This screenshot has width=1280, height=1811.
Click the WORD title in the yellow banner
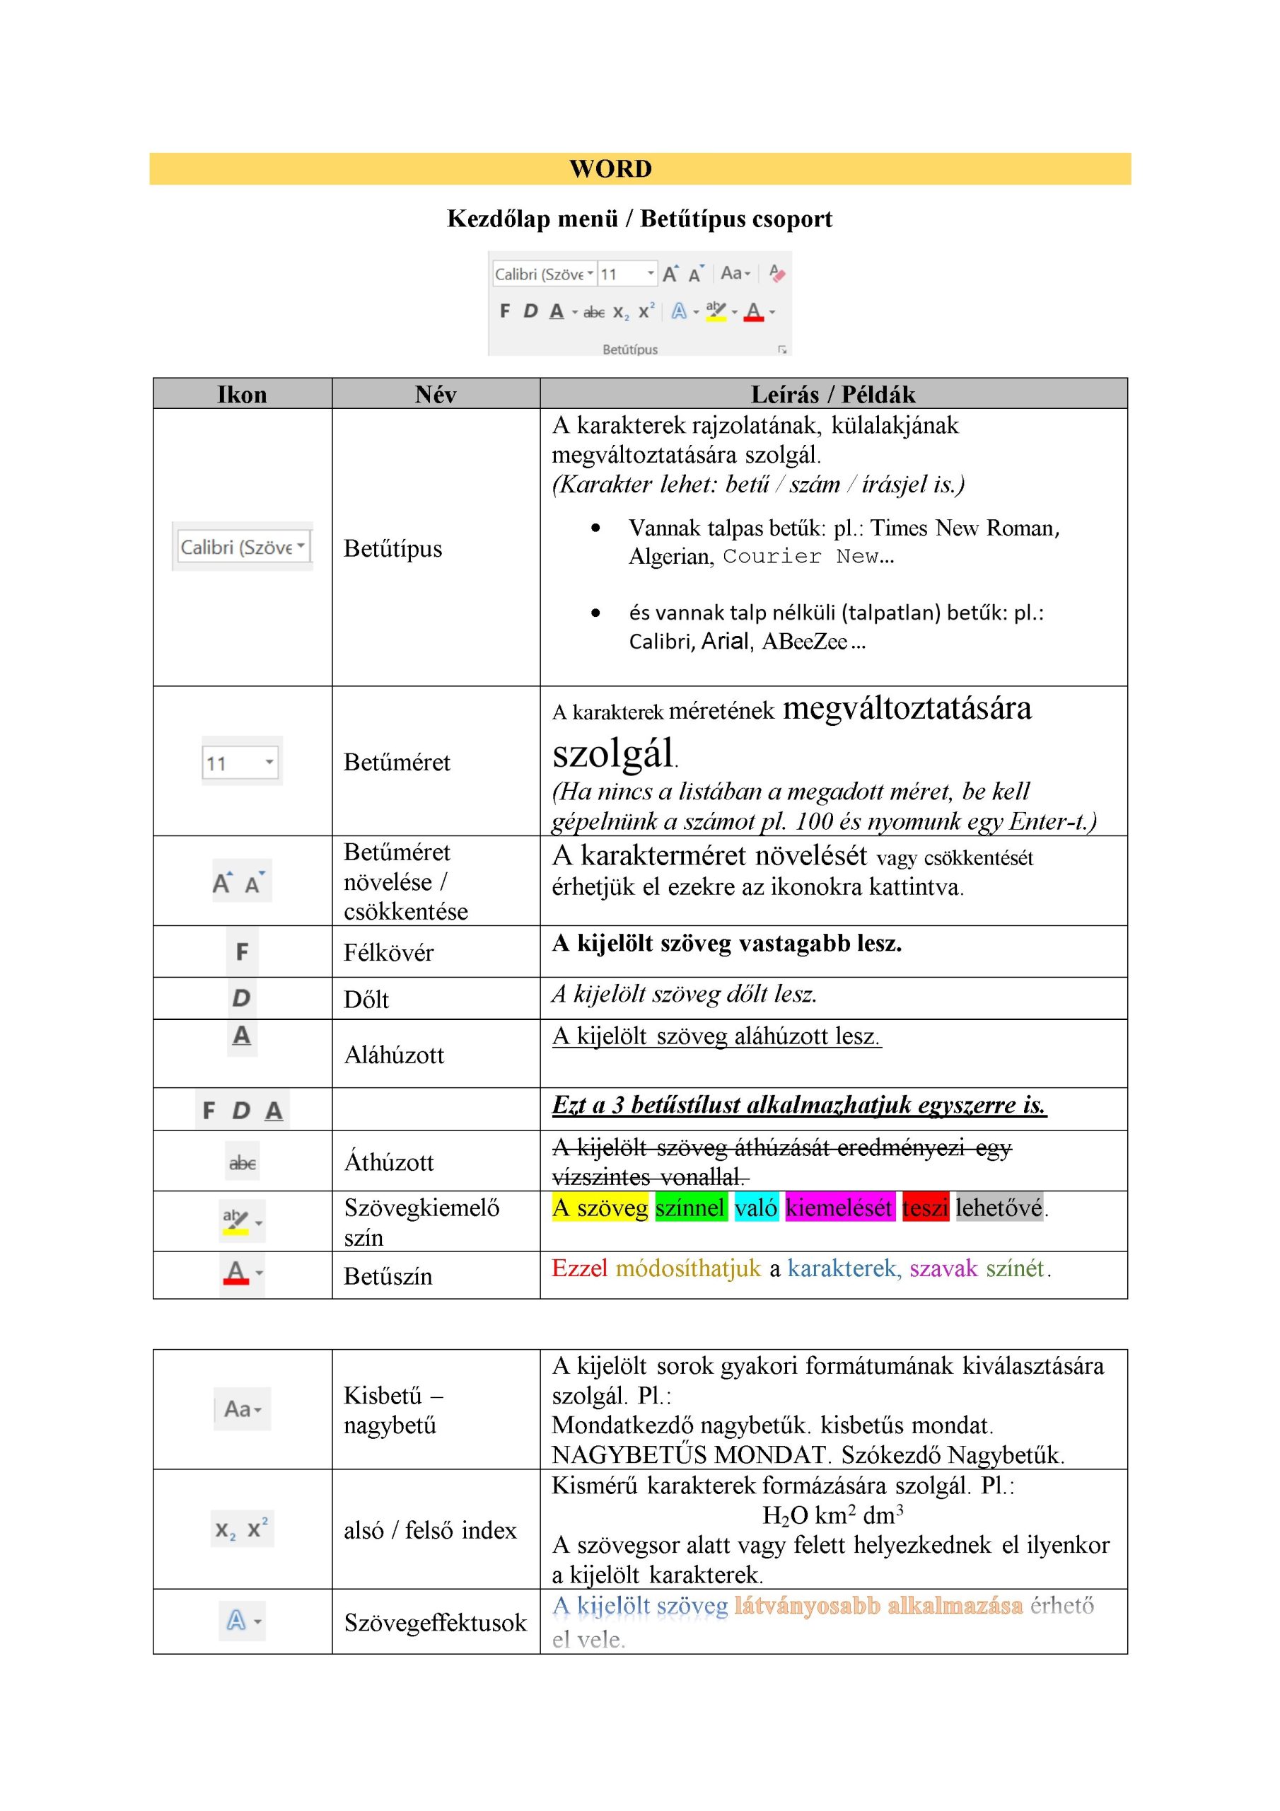point(610,169)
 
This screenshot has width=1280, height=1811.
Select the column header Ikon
point(242,394)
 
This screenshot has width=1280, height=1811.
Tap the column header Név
point(436,394)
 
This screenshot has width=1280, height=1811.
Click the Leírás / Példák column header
point(833,394)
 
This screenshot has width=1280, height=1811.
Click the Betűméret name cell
point(397,762)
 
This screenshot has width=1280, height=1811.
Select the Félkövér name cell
point(388,952)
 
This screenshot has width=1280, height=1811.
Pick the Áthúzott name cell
point(389,1162)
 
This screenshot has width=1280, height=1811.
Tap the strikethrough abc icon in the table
point(242,1162)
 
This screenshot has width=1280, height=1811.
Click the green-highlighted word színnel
point(690,1208)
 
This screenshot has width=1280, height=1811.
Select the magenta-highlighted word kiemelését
point(839,1208)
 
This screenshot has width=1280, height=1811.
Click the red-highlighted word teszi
point(925,1208)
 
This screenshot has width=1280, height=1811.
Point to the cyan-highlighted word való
point(756,1208)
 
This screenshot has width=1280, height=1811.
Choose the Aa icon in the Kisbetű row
point(242,1408)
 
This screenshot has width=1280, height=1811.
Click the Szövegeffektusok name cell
point(434,1623)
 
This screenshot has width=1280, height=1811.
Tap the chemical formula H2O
point(785,1515)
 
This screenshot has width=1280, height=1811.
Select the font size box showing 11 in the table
point(240,762)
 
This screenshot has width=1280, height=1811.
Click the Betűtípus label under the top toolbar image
point(629,349)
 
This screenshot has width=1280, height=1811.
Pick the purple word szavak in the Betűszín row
point(943,1268)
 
